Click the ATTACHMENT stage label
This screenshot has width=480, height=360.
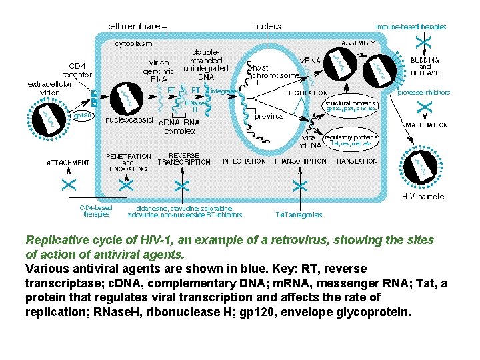tap(67, 162)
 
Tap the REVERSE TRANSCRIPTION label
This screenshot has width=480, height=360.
tap(183, 159)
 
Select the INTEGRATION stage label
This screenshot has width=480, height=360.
tap(244, 161)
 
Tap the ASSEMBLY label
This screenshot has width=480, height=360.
tap(358, 43)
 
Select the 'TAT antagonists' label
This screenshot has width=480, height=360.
tap(299, 215)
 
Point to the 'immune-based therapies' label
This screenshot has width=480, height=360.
tap(411, 27)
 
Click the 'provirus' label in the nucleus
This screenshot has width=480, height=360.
tap(269, 116)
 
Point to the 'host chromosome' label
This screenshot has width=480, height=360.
tap(273, 71)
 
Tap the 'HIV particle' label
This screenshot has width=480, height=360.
tap(423, 197)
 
